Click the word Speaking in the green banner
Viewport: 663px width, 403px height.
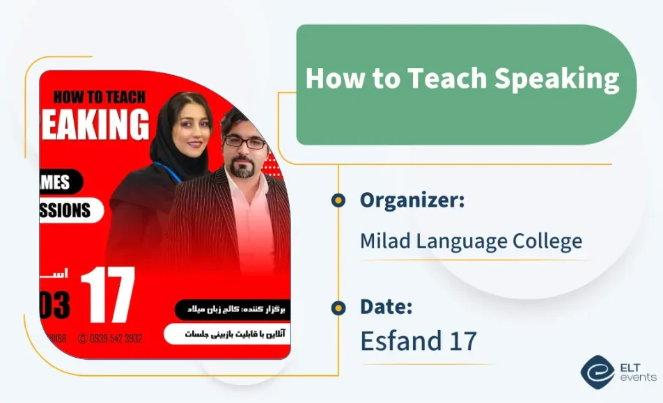pyautogui.click(x=556, y=79)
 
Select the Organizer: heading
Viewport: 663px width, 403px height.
pyautogui.click(x=412, y=200)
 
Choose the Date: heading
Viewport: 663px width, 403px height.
pyautogui.click(x=386, y=307)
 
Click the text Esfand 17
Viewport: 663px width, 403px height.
pyautogui.click(x=418, y=341)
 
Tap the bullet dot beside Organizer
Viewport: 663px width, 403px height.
pyautogui.click(x=338, y=200)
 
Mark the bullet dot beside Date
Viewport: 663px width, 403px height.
pyautogui.click(x=338, y=308)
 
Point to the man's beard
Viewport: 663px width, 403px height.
pyautogui.click(x=243, y=168)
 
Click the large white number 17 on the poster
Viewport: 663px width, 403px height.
pyautogui.click(x=107, y=295)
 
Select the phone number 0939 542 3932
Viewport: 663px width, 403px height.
pyautogui.click(x=116, y=338)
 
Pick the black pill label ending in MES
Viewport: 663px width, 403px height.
pyautogui.click(x=61, y=182)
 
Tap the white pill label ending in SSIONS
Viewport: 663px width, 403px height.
pyautogui.click(x=70, y=210)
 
